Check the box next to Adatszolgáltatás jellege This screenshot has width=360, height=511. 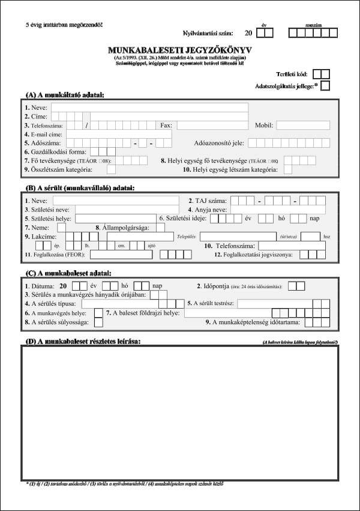pos(325,86)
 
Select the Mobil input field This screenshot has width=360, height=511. pos(302,125)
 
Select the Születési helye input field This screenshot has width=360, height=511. pos(115,219)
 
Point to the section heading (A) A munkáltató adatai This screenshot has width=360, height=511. pos(65,95)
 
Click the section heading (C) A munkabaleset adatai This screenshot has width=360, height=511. pos(67,272)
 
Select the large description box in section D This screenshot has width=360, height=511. pos(179,412)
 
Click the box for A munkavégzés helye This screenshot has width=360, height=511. pos(98,313)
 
